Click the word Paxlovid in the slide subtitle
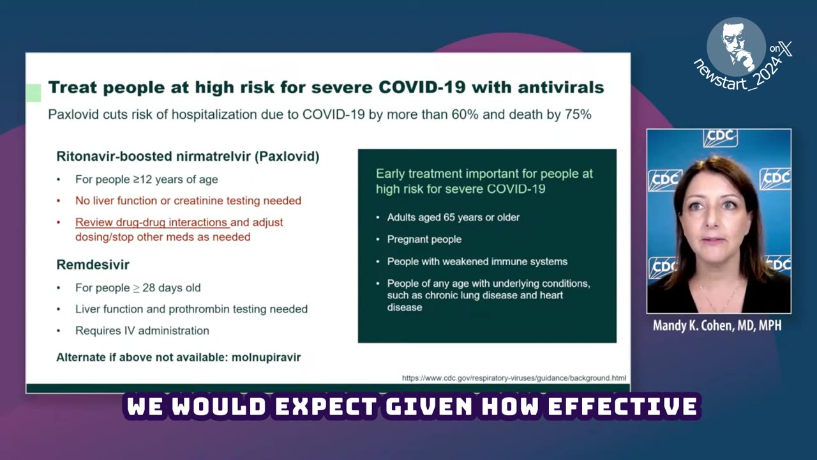(x=72, y=115)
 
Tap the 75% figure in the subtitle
(x=576, y=115)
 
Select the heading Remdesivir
(x=93, y=264)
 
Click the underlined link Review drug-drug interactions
(x=152, y=222)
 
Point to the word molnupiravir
(x=266, y=357)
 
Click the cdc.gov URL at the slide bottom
(x=514, y=378)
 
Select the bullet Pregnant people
(x=424, y=239)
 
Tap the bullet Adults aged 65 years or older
(x=453, y=217)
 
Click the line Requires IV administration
(x=142, y=330)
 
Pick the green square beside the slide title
(x=33, y=93)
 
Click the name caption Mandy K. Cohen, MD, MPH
(x=717, y=326)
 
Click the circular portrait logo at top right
(x=736, y=47)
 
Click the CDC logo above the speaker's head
(x=720, y=137)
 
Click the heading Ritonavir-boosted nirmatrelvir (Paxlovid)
(x=188, y=157)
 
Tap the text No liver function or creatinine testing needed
(x=188, y=201)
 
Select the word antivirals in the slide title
(x=552, y=88)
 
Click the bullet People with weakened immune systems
(x=477, y=261)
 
